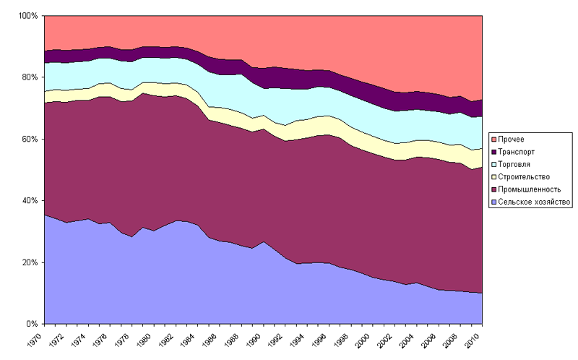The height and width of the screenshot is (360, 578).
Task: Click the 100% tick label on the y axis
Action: [x=28, y=16]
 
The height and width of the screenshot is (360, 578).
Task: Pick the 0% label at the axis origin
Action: [x=33, y=324]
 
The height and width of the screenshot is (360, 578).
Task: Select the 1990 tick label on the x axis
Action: [x=258, y=338]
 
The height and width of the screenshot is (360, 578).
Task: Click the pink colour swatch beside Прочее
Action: [x=493, y=139]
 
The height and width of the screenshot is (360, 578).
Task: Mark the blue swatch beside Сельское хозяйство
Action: [x=493, y=202]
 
